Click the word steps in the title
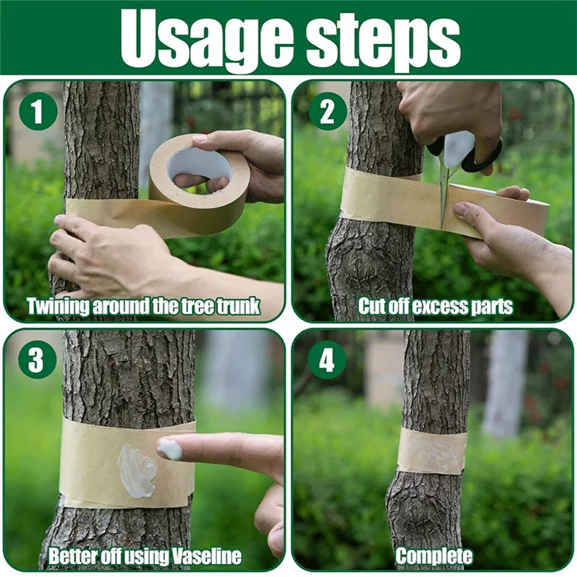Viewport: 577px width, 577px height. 383,40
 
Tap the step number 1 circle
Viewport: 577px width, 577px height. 38,111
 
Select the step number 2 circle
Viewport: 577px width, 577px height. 327,111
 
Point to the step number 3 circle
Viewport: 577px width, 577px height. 38,359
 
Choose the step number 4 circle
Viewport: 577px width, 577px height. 327,359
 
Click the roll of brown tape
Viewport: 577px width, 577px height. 199,184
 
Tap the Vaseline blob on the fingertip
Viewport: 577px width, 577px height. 170,449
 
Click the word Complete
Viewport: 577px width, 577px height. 434,556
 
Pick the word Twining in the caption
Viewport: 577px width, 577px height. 58,306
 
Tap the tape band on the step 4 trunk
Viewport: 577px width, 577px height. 432,452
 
